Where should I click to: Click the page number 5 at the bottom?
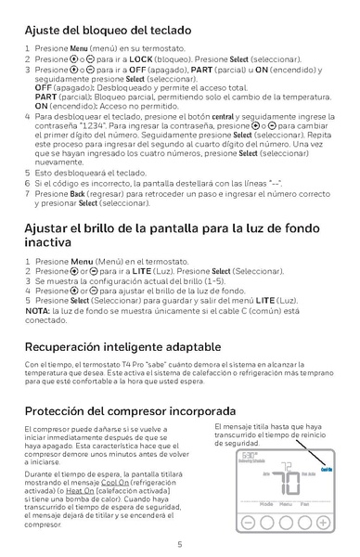(180, 544)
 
